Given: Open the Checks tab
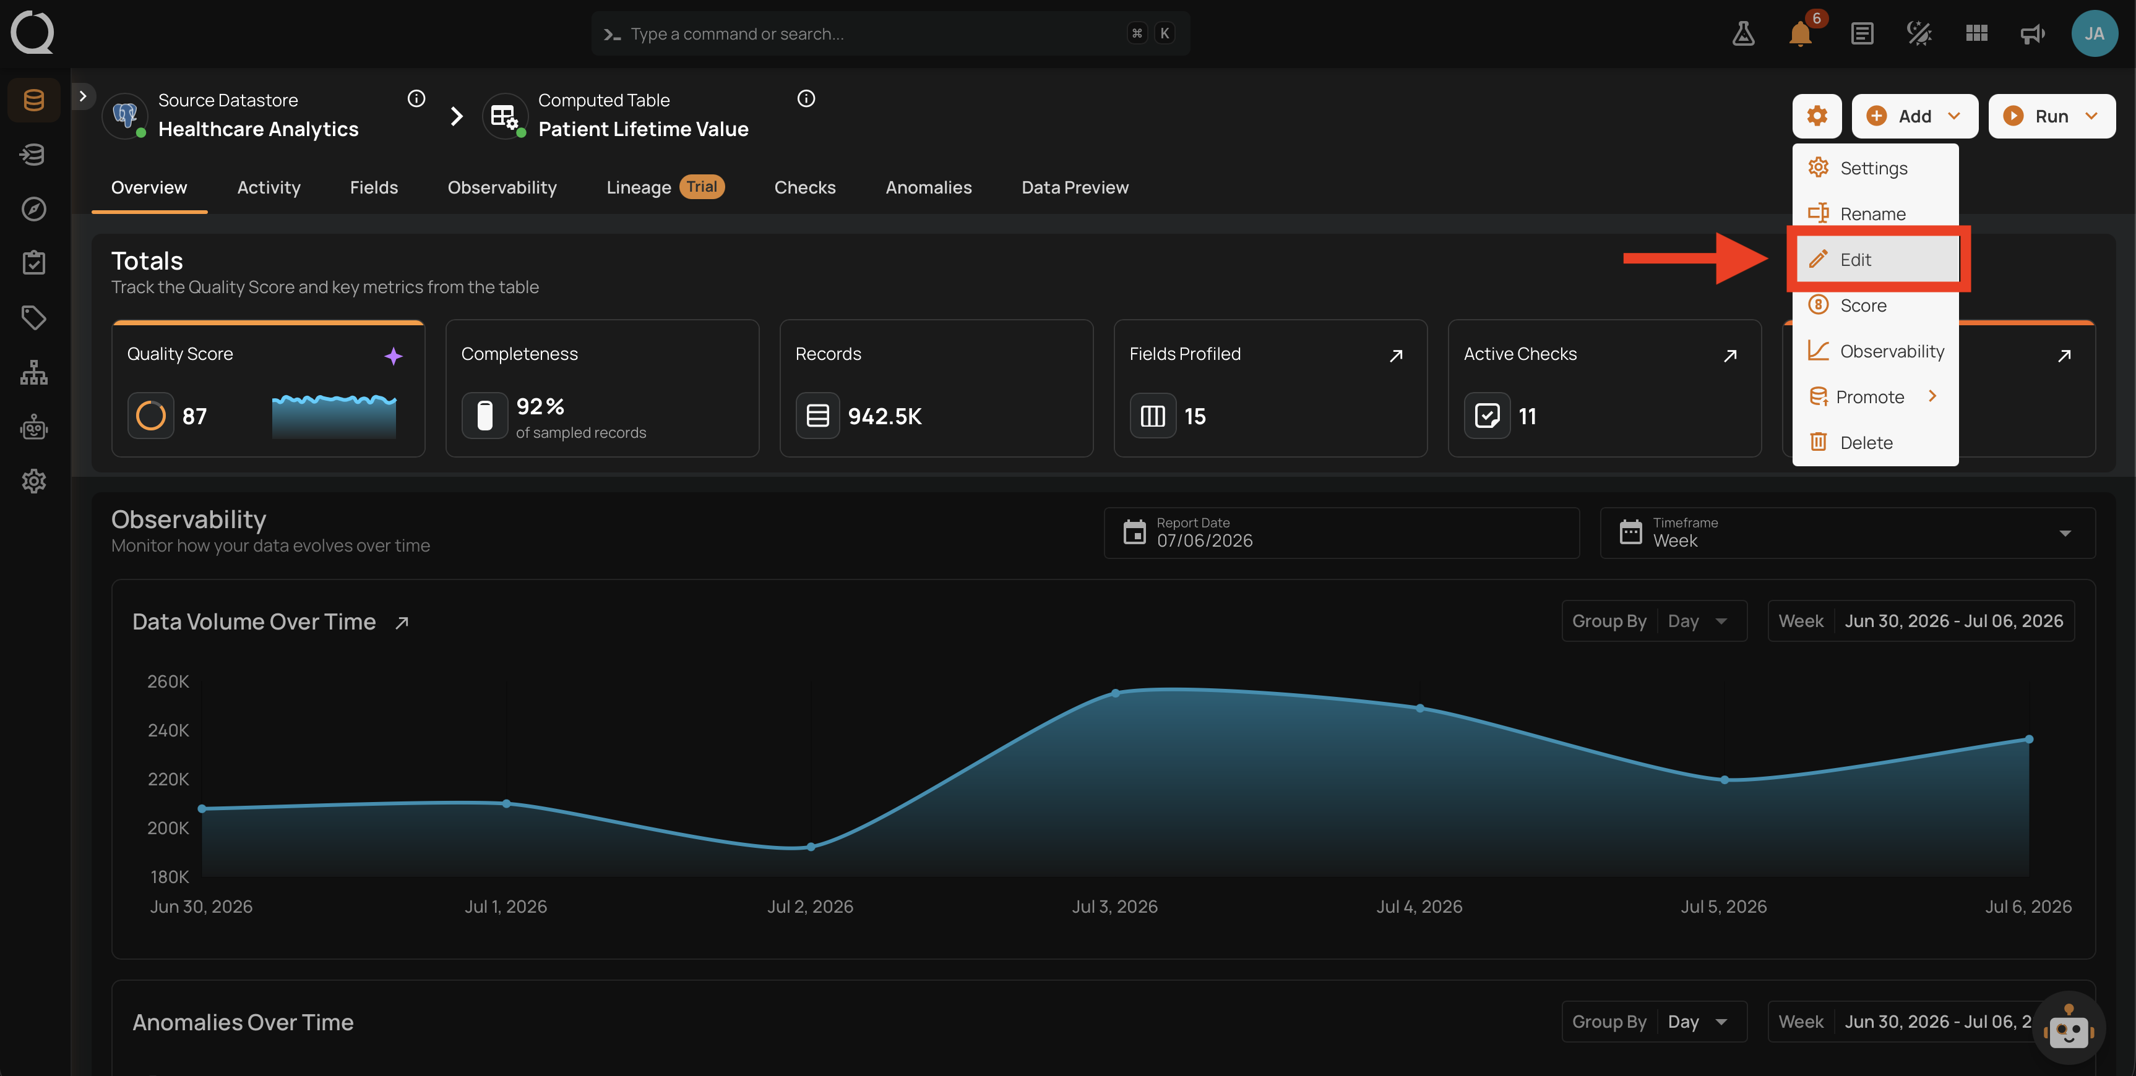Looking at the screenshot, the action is [804, 187].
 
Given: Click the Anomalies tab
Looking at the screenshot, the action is [928, 187].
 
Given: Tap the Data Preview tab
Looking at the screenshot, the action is [1075, 187].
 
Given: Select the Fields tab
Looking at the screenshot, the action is [374, 187].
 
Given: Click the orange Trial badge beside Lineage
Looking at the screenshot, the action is [702, 187].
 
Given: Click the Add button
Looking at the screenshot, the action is [1914, 116].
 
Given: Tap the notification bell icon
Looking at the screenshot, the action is [1800, 34].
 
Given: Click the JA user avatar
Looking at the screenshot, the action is [2094, 33].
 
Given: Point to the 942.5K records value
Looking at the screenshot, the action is [885, 416].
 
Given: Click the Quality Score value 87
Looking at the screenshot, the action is [194, 416].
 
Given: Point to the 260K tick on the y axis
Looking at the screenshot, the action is [168, 681].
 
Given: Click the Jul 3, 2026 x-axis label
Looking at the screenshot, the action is [1114, 906].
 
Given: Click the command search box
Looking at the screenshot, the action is [890, 34].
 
